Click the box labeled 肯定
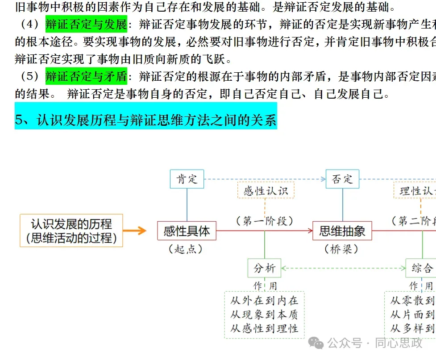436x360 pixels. [187, 179]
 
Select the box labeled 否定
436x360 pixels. [342, 179]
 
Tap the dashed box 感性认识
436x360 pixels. [266, 191]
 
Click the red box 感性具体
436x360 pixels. [187, 231]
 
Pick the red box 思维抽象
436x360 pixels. [342, 231]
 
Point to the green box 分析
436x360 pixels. [265, 268]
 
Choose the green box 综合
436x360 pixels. [422, 268]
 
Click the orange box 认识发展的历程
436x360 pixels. [71, 231]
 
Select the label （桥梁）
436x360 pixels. [341, 249]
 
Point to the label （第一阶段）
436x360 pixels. [265, 221]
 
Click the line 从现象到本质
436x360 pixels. [264, 315]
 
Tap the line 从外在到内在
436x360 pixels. [264, 301]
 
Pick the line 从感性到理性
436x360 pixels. [264, 329]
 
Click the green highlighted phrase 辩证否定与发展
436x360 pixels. [86, 24]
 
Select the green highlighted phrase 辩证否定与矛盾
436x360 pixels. [86, 77]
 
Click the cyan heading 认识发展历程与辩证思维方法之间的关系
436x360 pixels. [145, 120]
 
